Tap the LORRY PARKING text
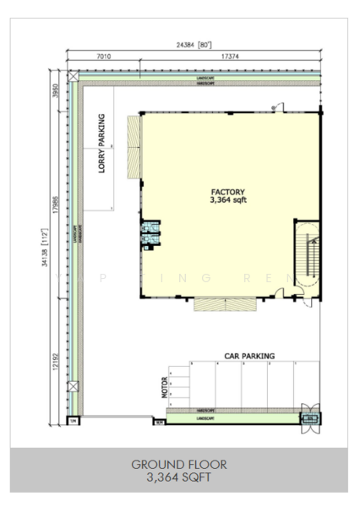click(101, 144)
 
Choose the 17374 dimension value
click(230, 57)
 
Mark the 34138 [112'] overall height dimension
click(45, 245)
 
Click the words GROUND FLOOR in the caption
click(180, 464)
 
